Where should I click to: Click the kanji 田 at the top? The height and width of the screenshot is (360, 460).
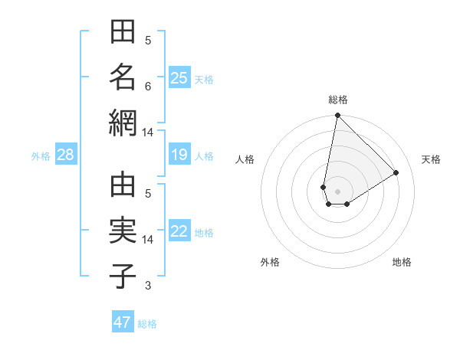[x=123, y=34]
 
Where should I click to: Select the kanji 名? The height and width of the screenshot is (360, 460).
[x=123, y=78]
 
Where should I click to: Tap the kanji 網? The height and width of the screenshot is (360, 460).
[x=123, y=123]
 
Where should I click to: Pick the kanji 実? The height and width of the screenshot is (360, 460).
[x=123, y=231]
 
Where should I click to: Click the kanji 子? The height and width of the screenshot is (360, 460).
[x=123, y=277]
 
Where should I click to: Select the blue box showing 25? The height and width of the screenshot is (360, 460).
[x=179, y=77]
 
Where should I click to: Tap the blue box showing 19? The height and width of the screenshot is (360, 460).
[x=179, y=155]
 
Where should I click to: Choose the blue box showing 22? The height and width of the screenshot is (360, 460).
[x=179, y=232]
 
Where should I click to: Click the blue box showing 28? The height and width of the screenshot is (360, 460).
[x=65, y=155]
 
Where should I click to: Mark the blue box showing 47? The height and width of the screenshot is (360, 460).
[x=123, y=322]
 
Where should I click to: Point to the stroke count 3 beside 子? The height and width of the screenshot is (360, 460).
[x=148, y=286]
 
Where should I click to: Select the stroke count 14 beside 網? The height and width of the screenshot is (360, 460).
[x=147, y=133]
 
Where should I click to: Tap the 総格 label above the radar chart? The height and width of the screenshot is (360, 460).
[x=338, y=100]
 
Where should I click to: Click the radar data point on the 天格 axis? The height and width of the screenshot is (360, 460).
[x=396, y=172]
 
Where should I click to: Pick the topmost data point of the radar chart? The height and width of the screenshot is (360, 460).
[x=337, y=116]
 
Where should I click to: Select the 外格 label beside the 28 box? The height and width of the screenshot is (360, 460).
[x=41, y=156]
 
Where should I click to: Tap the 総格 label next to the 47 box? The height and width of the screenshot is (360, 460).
[x=147, y=323]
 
